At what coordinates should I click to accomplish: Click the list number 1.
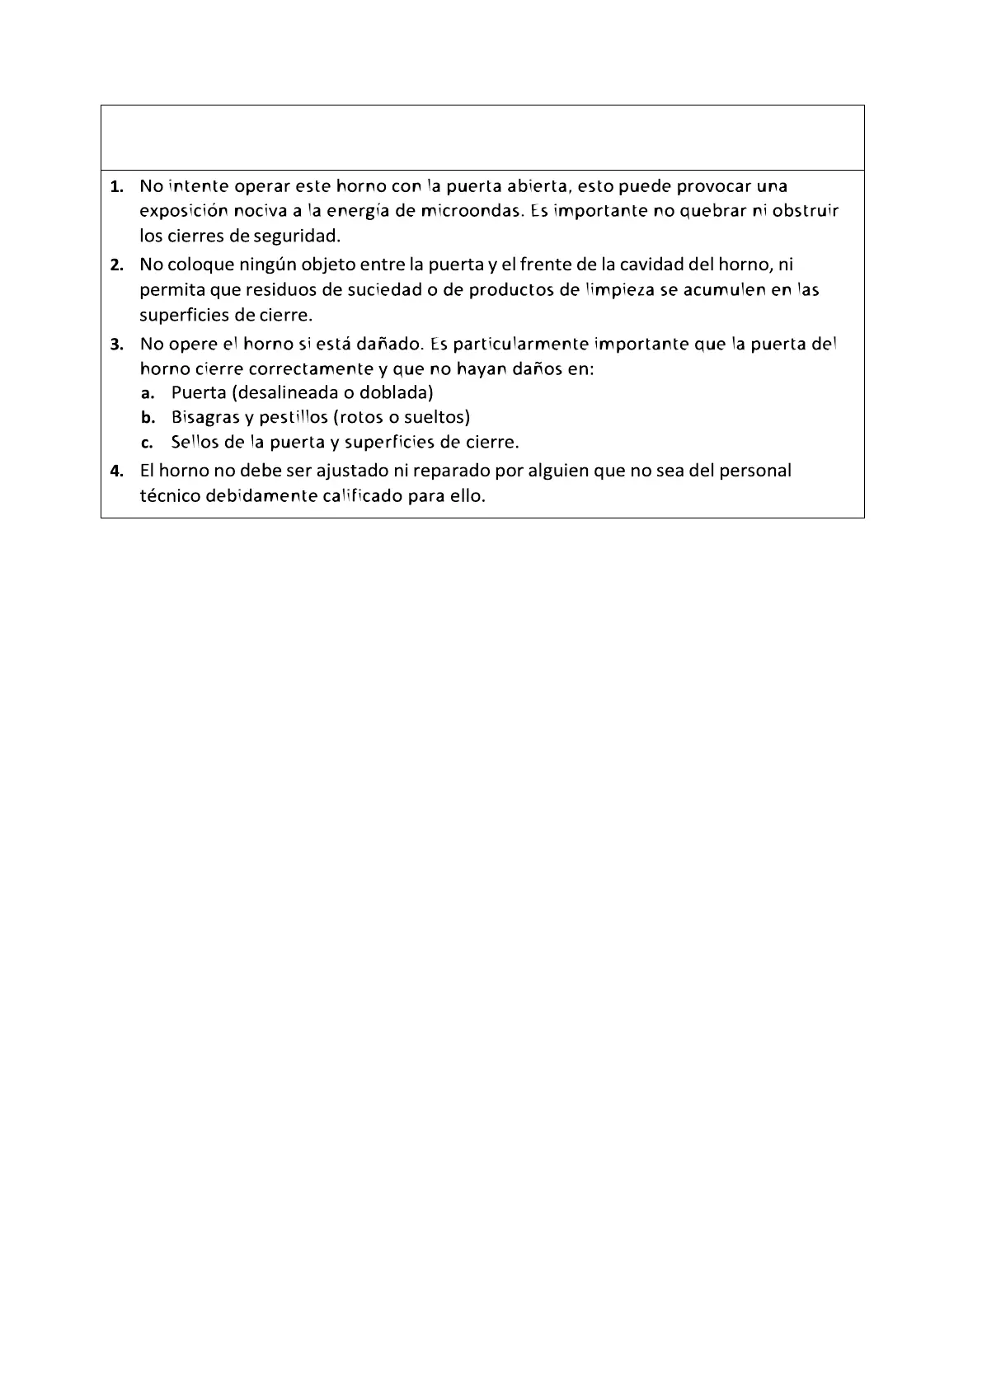point(117,186)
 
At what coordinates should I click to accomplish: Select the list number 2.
point(117,265)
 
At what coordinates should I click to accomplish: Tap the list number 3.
point(117,345)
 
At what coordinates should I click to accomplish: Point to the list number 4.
point(117,471)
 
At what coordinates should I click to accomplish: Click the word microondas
point(471,211)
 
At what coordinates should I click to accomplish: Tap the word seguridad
point(296,237)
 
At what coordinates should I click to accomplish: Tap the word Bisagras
point(205,418)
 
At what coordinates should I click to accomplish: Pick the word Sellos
point(195,442)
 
